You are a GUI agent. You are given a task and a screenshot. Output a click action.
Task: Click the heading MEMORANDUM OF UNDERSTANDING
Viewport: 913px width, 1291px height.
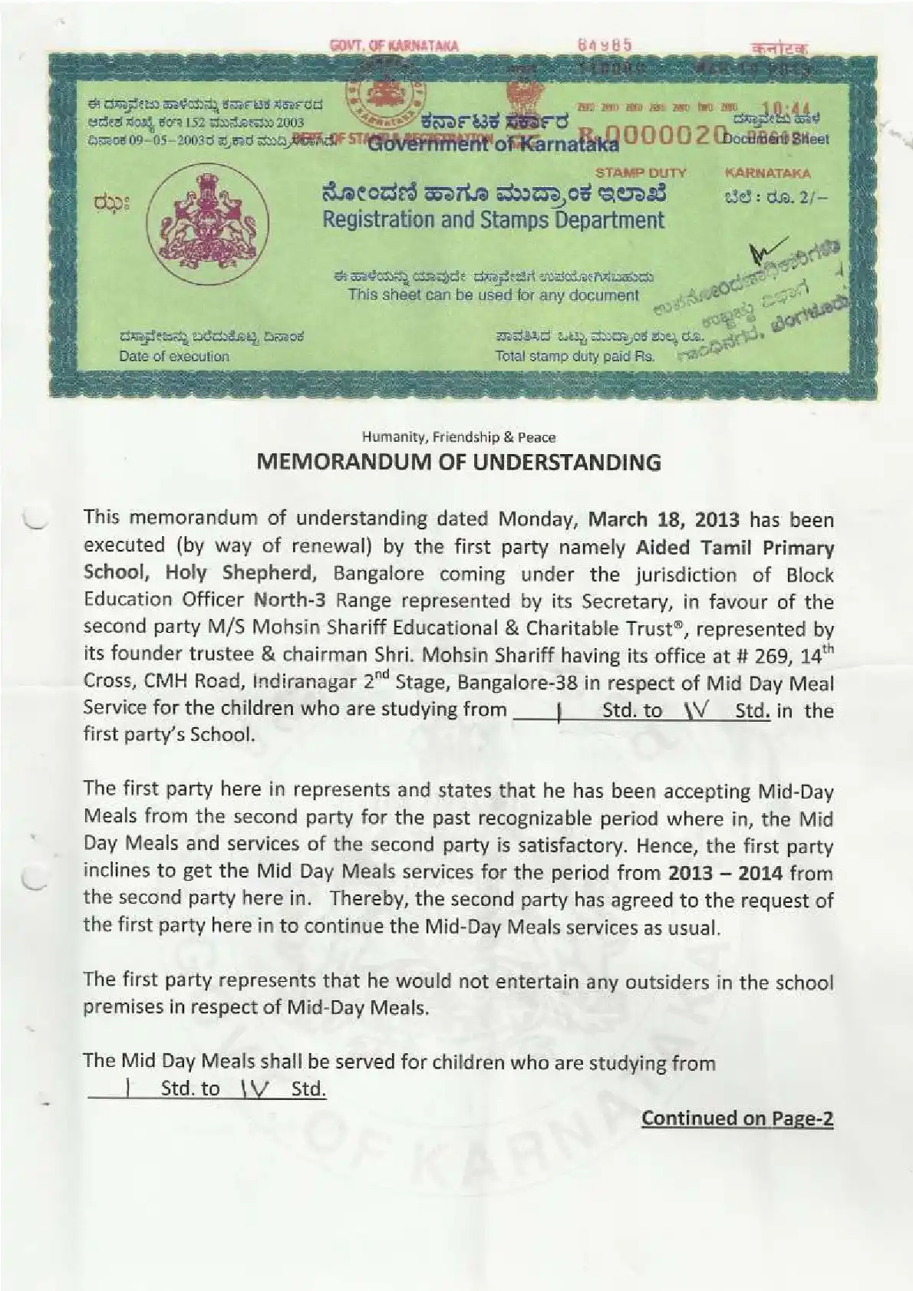point(458,463)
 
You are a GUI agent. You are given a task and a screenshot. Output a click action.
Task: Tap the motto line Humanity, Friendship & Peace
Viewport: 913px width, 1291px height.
point(458,437)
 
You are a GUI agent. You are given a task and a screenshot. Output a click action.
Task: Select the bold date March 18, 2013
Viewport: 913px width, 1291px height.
point(664,519)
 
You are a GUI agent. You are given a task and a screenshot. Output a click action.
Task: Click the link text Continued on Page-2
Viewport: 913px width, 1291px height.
point(737,1118)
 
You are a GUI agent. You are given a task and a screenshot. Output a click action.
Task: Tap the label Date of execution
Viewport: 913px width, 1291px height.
point(174,356)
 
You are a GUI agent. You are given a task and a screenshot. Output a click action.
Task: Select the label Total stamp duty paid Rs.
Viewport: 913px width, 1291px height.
point(575,356)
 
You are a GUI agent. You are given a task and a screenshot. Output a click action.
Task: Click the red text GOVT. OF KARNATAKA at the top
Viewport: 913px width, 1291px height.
point(394,46)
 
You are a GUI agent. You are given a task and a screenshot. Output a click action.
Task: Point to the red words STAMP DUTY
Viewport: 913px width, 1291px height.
point(641,173)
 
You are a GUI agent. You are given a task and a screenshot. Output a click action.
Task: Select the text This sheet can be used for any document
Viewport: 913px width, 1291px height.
point(493,295)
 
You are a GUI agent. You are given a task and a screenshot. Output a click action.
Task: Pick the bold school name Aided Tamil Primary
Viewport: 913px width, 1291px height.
point(735,548)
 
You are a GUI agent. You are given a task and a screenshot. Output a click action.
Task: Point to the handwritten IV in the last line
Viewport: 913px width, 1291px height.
point(253,1088)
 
